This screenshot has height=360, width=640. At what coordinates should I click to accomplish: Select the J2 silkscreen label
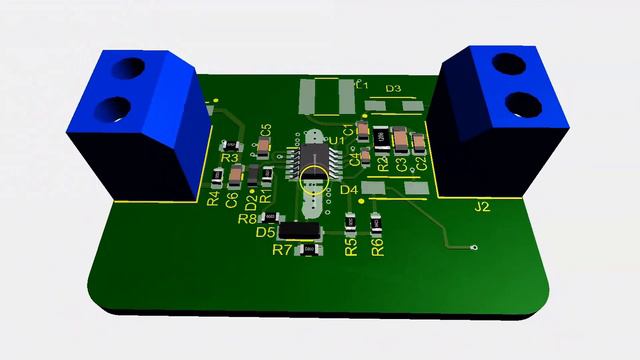(x=481, y=207)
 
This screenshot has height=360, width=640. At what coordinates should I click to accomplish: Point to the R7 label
(x=282, y=250)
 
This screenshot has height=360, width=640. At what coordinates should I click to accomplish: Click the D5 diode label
(x=265, y=232)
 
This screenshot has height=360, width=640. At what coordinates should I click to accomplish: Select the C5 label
(x=266, y=130)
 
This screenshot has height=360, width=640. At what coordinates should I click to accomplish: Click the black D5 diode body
(x=299, y=230)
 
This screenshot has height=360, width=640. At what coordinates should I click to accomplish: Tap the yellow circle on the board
(x=313, y=180)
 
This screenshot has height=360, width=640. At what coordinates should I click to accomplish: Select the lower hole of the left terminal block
(x=117, y=106)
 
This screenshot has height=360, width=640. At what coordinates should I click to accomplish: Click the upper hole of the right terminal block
(x=509, y=64)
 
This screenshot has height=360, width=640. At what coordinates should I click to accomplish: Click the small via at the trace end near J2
(x=473, y=247)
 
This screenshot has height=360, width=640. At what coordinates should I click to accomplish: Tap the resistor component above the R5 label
(x=351, y=222)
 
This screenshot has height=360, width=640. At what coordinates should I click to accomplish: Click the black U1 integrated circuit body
(x=313, y=159)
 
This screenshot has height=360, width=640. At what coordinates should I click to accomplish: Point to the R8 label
(x=248, y=218)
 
